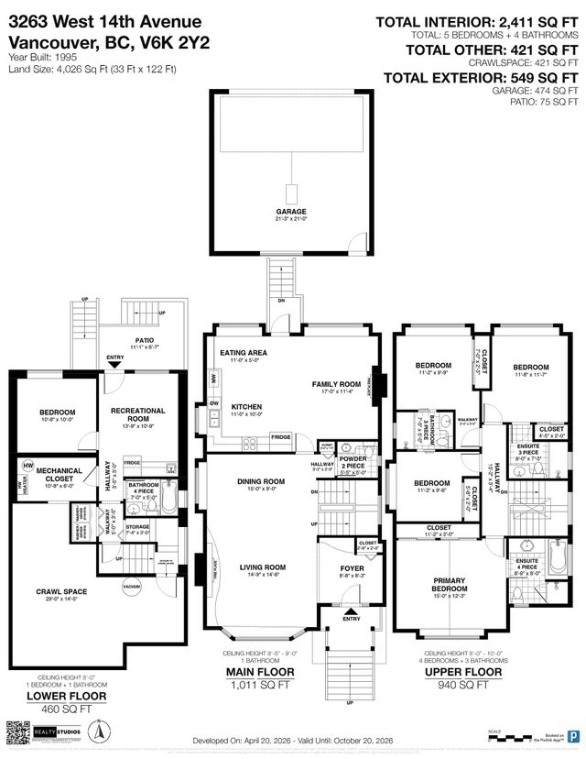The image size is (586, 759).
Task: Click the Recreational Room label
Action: point(138,415)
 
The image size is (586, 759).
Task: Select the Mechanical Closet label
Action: point(58,474)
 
